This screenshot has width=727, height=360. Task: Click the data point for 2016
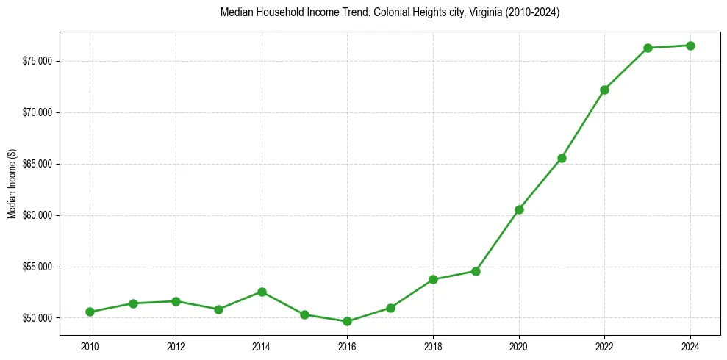[x=347, y=321]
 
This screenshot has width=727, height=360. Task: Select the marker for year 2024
[x=690, y=46]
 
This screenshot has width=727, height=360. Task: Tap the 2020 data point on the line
[x=519, y=209]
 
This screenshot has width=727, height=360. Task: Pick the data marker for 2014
[x=261, y=292]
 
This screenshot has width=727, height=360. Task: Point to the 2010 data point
[x=90, y=312]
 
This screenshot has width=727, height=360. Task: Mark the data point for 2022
[x=604, y=90]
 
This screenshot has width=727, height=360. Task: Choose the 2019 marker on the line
[x=476, y=271]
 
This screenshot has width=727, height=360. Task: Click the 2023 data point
[x=648, y=48]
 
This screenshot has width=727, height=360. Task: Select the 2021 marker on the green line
[x=562, y=158]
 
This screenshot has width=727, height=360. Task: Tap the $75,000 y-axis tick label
[x=38, y=61]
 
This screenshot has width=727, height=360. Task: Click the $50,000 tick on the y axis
[x=38, y=318]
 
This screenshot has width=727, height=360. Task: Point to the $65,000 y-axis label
[x=38, y=164]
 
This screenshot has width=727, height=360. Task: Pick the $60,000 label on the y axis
[x=38, y=215]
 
